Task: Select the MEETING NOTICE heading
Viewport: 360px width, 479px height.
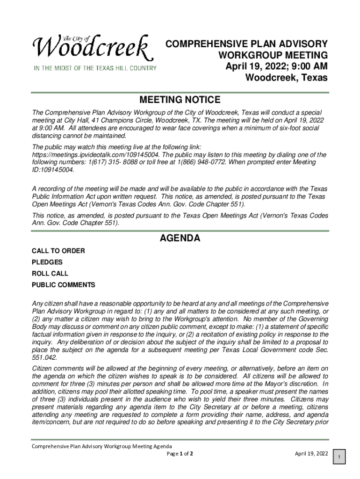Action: click(x=180, y=100)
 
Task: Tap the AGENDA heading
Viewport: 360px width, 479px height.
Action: click(x=180, y=238)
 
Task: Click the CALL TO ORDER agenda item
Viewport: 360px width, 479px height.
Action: click(x=58, y=251)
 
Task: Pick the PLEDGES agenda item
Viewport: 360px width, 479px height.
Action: click(x=47, y=262)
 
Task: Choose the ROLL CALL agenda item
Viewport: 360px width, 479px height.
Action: click(x=50, y=274)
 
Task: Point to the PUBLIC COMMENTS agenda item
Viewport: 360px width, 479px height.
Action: click(x=63, y=285)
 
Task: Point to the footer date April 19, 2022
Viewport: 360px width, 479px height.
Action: click(x=311, y=453)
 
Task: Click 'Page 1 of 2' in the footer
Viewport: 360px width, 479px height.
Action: click(x=180, y=454)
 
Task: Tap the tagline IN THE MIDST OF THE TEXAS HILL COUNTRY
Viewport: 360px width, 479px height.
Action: click(x=94, y=68)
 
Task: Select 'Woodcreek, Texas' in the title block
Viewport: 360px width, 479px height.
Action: click(x=287, y=78)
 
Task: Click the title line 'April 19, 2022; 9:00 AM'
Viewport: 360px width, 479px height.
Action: click(x=276, y=66)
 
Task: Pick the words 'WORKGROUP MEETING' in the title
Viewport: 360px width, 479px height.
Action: click(x=273, y=55)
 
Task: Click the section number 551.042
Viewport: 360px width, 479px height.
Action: click(x=45, y=358)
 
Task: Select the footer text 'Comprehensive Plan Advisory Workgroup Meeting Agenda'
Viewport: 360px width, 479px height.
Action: click(x=101, y=446)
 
